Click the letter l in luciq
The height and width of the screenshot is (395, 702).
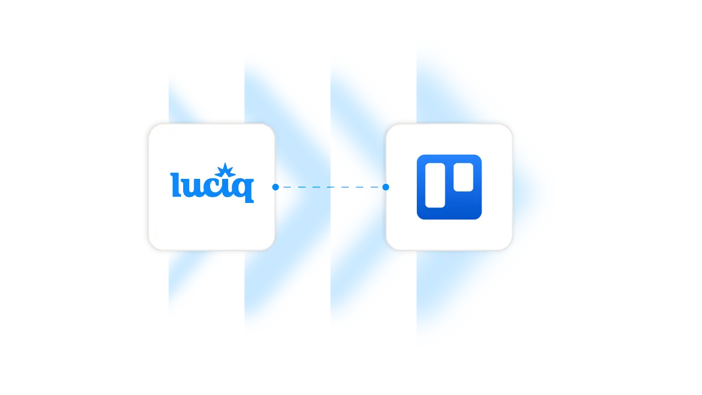(x=175, y=185)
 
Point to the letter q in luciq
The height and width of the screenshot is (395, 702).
(x=245, y=189)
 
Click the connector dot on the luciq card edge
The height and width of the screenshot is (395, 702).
(x=275, y=187)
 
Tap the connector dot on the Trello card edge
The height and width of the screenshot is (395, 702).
(x=386, y=187)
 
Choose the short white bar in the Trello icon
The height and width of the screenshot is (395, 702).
(x=463, y=177)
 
